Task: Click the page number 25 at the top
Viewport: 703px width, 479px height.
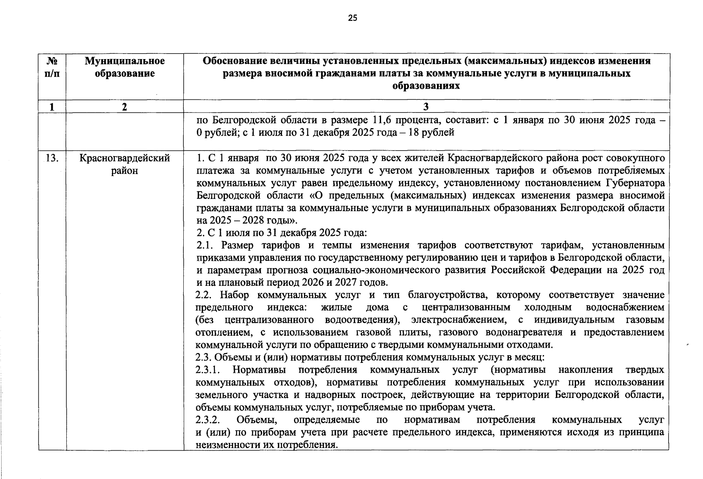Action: point(353,18)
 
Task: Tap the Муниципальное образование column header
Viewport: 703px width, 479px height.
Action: point(125,67)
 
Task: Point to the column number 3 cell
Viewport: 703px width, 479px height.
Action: point(426,106)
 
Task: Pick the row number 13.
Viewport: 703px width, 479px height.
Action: point(52,158)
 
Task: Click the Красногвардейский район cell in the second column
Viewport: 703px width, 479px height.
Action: point(125,164)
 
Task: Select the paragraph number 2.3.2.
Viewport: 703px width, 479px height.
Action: point(208,420)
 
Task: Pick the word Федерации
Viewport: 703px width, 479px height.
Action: point(576,270)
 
